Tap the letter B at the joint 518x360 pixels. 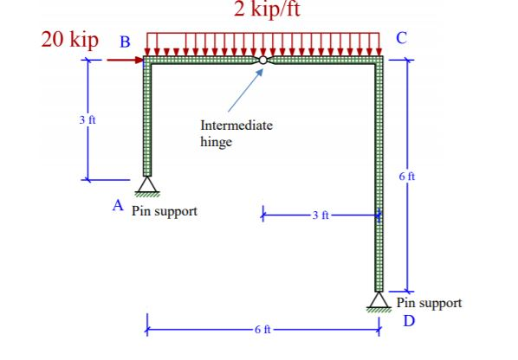click(x=126, y=40)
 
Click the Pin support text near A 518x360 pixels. click(x=165, y=211)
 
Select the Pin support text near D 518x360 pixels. click(x=429, y=303)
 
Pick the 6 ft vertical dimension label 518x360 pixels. click(x=408, y=177)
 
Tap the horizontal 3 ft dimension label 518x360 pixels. click(x=321, y=213)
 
